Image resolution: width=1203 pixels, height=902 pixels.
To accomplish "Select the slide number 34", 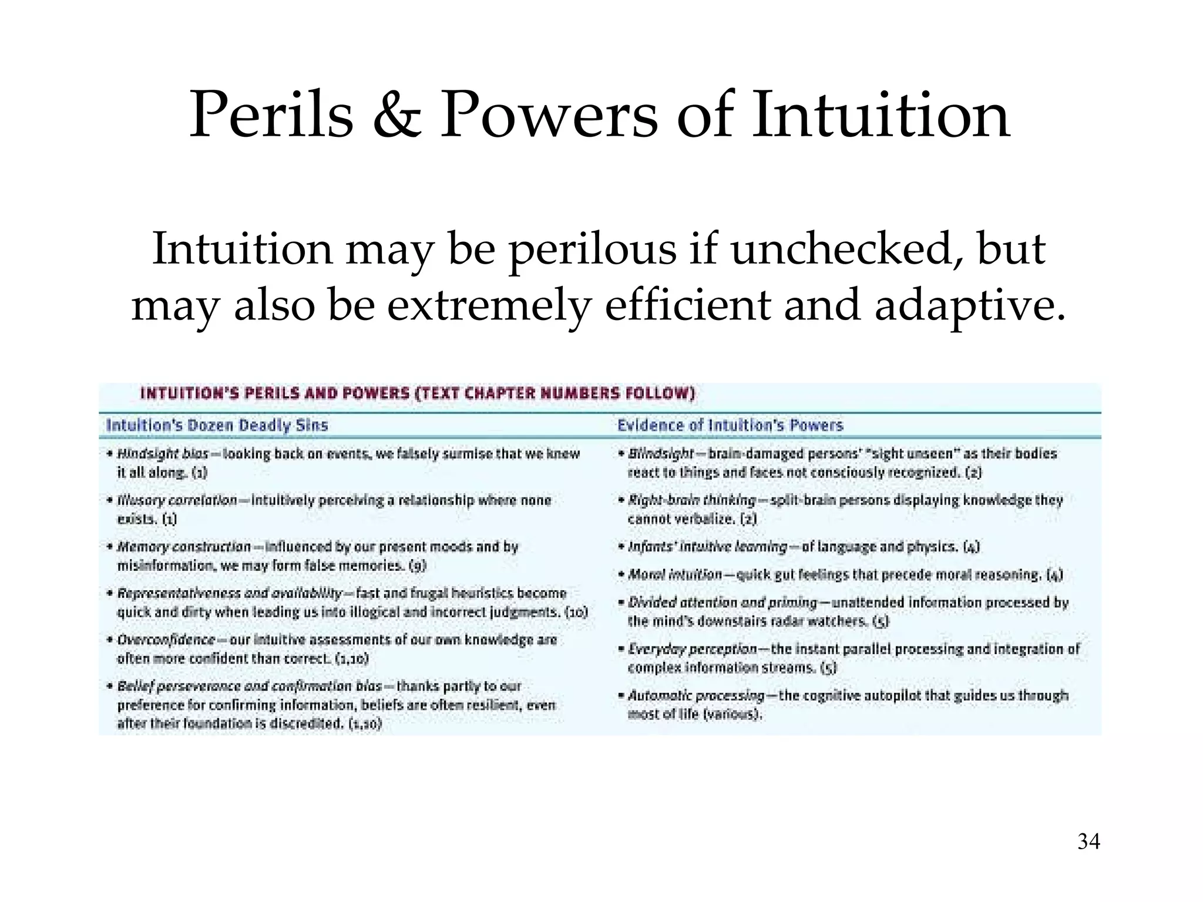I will (x=1088, y=842).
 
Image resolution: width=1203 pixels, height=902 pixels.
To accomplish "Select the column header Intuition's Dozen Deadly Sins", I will (x=217, y=425).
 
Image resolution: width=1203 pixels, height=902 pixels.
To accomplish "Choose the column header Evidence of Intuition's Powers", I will (x=730, y=425).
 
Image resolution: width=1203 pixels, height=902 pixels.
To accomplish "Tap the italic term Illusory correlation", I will (x=177, y=500).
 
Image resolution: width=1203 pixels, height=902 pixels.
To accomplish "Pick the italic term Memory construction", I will (x=184, y=547).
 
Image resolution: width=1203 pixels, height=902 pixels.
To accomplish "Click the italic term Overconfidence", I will (x=166, y=640).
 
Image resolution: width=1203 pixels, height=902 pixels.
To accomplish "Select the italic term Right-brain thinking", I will (x=691, y=500).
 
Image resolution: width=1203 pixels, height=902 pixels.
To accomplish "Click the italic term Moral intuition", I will (x=675, y=574).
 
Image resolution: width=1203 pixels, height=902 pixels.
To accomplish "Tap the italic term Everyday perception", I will (x=692, y=649).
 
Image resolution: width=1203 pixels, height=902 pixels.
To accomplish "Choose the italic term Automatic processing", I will (x=696, y=696).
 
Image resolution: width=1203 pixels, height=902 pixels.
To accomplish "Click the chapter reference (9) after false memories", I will (x=418, y=566).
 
